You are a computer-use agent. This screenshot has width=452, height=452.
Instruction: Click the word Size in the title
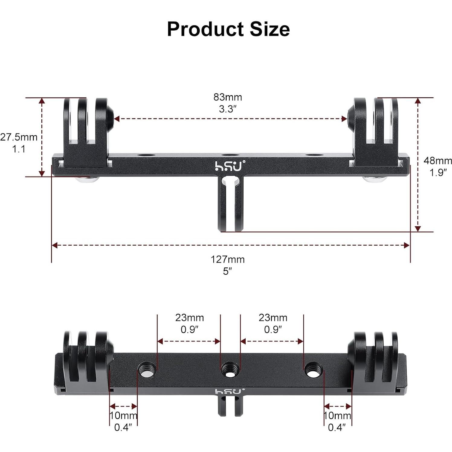(270, 29)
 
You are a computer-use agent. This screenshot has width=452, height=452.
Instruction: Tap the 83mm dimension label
(228, 97)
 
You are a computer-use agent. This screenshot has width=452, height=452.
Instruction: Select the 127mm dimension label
(228, 260)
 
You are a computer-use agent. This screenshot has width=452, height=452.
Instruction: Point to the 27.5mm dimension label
(19, 137)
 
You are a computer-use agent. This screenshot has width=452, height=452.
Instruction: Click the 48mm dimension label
(437, 161)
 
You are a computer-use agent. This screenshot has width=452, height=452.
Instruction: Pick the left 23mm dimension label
(189, 318)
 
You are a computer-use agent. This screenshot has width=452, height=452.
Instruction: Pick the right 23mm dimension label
(273, 318)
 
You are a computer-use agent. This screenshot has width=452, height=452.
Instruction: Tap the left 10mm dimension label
(123, 416)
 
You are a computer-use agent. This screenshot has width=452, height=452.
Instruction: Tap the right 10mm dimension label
(337, 416)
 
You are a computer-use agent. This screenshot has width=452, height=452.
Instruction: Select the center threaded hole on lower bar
(230, 369)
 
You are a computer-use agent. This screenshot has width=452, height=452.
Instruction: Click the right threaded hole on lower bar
(313, 369)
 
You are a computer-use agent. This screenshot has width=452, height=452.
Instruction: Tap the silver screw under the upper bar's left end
(88, 180)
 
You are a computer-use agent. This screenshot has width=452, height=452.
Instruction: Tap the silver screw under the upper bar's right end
(375, 179)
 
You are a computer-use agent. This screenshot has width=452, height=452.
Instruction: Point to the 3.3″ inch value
(228, 109)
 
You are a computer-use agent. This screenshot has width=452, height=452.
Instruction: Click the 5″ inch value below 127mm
(228, 271)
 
